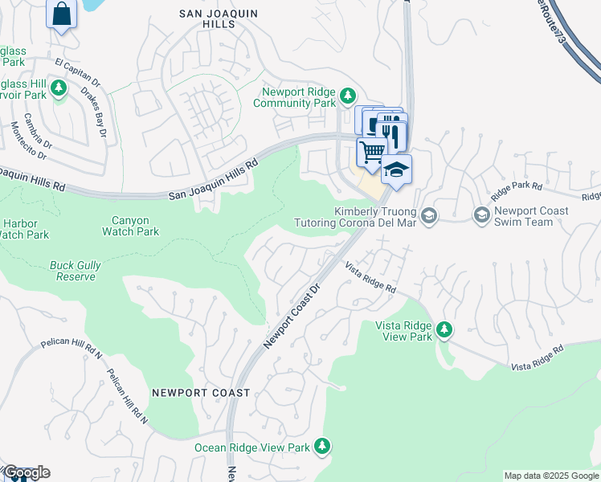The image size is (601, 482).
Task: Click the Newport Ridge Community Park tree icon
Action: coord(347,96)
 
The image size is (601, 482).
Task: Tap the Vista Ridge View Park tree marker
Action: coord(443,329)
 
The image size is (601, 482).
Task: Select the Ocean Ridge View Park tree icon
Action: coord(322,445)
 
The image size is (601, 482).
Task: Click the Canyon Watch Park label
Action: coord(130,226)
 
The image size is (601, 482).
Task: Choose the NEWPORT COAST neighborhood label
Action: coord(201,393)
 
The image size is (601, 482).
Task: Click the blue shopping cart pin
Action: coord(371,150)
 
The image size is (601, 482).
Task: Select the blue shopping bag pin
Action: coord(62,13)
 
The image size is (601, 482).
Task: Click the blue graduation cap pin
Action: coord(397,169)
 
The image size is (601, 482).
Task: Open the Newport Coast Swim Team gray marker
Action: coord(482,214)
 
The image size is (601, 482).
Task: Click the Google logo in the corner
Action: coord(26,472)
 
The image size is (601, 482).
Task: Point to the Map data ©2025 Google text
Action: coord(551,476)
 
